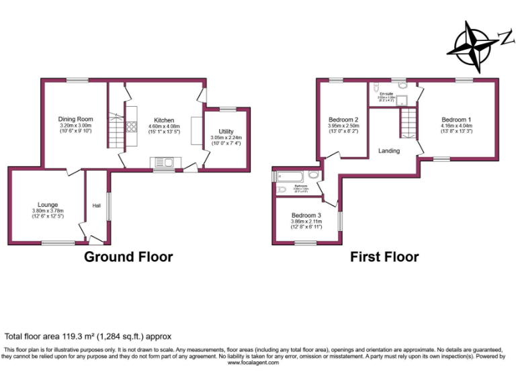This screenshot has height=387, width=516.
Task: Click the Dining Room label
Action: click(x=75, y=119)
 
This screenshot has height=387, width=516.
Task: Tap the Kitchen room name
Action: click(x=164, y=120)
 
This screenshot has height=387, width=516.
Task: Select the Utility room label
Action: click(x=226, y=132)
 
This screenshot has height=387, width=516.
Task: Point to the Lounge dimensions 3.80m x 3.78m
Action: click(x=48, y=211)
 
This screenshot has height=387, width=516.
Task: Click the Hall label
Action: click(x=96, y=206)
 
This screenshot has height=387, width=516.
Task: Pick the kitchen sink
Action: click(x=163, y=161)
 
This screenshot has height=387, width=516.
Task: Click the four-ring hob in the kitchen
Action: click(x=132, y=128)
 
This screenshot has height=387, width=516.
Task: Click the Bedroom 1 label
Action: click(x=456, y=119)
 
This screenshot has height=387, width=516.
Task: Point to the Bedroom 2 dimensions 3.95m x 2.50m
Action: click(x=343, y=126)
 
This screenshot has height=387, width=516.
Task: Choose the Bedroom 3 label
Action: click(x=306, y=215)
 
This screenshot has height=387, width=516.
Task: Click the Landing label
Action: click(x=389, y=150)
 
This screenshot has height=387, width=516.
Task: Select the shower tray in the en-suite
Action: click(x=403, y=101)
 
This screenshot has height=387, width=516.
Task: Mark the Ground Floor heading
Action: click(x=128, y=257)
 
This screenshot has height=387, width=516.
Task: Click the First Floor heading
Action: click(x=384, y=257)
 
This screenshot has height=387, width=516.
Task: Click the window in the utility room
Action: click(x=227, y=109)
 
